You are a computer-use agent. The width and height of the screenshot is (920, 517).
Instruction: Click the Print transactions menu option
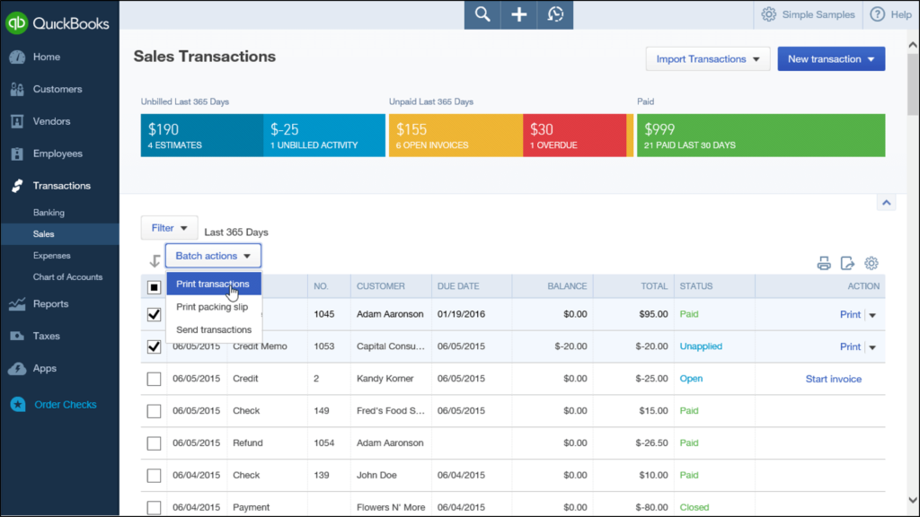(x=213, y=285)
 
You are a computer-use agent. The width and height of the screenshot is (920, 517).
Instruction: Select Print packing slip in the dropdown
(x=213, y=307)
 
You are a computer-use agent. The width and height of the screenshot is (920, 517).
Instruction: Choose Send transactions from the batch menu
(x=213, y=329)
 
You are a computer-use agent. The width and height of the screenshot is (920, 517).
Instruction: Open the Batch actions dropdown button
(x=213, y=256)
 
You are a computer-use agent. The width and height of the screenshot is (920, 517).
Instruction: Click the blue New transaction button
(x=831, y=59)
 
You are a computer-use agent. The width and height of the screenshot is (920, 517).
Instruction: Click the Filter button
(x=170, y=228)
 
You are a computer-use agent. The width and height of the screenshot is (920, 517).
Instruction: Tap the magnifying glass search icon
(x=482, y=14)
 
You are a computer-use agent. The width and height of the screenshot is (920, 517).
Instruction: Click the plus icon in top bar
(x=518, y=14)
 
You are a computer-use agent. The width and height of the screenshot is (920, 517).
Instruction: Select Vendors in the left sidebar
(x=51, y=121)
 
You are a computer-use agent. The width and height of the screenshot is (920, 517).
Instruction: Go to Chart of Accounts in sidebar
(x=67, y=277)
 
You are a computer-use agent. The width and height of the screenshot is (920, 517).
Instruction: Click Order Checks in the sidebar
(x=65, y=405)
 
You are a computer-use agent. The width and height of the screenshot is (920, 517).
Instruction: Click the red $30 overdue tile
(x=574, y=136)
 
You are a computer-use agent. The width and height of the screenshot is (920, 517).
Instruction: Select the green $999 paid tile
(x=760, y=136)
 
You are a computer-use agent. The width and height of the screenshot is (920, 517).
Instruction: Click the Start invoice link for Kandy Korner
(x=833, y=379)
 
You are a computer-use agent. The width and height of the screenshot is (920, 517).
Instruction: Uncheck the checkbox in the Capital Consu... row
(x=154, y=346)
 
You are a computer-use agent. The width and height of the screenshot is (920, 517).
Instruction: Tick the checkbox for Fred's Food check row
(x=154, y=411)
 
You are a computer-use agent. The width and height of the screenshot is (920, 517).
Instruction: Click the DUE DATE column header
(x=459, y=286)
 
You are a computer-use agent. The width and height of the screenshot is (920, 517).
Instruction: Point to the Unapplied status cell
(x=701, y=346)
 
